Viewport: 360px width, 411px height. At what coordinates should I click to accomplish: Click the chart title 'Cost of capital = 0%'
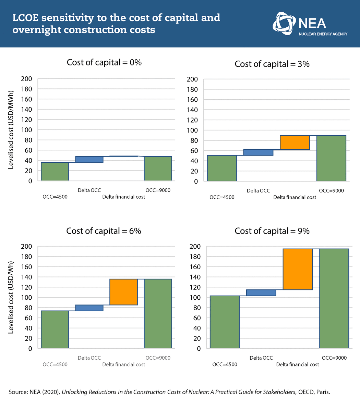pyautogui.click(x=104, y=62)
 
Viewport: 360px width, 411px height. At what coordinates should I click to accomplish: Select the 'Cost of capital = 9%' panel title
pyautogui.click(x=272, y=231)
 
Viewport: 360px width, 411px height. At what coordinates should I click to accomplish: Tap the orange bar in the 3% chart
pyautogui.click(x=295, y=142)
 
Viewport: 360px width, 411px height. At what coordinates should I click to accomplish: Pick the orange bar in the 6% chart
pyautogui.click(x=123, y=292)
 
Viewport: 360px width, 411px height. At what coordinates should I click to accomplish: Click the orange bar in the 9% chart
pyautogui.click(x=298, y=269)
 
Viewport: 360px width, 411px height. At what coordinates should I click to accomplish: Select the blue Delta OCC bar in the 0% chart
pyautogui.click(x=89, y=159)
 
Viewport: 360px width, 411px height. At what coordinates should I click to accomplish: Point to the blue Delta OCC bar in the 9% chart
pyautogui.click(x=261, y=293)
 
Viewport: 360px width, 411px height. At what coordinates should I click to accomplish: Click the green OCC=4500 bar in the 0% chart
pyautogui.click(x=55, y=171)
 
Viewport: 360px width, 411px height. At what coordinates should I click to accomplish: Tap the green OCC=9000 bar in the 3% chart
pyautogui.click(x=331, y=158)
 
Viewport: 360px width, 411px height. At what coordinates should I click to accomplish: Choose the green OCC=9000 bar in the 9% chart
pyautogui.click(x=334, y=298)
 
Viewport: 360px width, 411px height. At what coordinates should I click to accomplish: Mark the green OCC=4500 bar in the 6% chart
pyautogui.click(x=55, y=329)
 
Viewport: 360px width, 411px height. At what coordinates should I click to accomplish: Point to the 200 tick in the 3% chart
pyautogui.click(x=192, y=79)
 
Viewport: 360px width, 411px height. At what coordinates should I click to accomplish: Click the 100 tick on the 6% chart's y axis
pyautogui.click(x=27, y=297)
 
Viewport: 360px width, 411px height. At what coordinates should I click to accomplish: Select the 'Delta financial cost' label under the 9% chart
pyautogui.click(x=298, y=364)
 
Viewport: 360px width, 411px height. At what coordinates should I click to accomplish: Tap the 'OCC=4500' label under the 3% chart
pyautogui.click(x=222, y=197)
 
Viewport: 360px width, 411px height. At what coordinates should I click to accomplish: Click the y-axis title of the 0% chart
pyautogui.click(x=11, y=130)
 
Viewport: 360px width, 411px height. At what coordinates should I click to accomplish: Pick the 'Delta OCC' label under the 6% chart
pyautogui.click(x=89, y=358)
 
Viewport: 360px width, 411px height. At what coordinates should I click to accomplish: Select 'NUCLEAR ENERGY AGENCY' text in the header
pyautogui.click(x=323, y=34)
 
